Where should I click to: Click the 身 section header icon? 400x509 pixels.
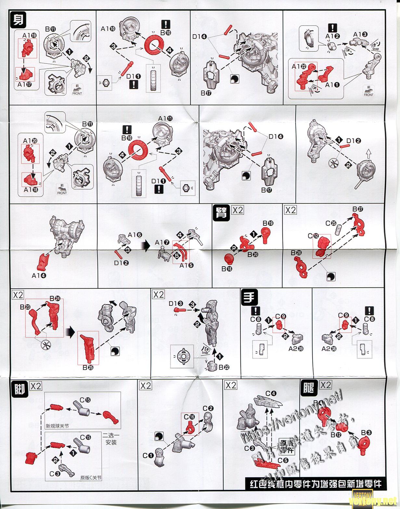pyautogui.click(x=18, y=20)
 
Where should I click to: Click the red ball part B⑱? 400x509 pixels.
pyautogui.click(x=230, y=259)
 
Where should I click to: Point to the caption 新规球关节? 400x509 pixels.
pyautogui.click(x=58, y=425)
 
